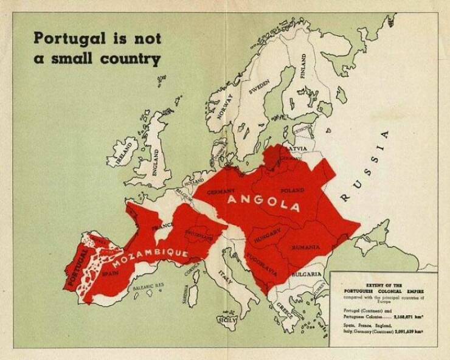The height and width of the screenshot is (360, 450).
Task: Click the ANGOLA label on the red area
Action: coord(263,202)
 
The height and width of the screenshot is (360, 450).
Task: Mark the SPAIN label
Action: coord(109,274)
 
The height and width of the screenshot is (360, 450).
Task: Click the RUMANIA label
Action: coord(306,247)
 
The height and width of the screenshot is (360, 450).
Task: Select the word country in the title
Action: coord(131,58)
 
